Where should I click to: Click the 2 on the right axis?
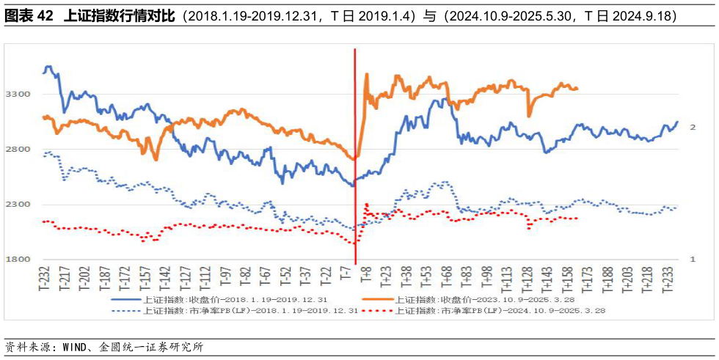tap(692, 128)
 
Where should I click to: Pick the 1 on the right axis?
tap(692, 260)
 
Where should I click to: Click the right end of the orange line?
tap(577, 89)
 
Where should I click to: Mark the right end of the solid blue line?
tap(677, 122)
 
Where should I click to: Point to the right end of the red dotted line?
tap(577, 218)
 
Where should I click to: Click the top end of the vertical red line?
tap(355, 50)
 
